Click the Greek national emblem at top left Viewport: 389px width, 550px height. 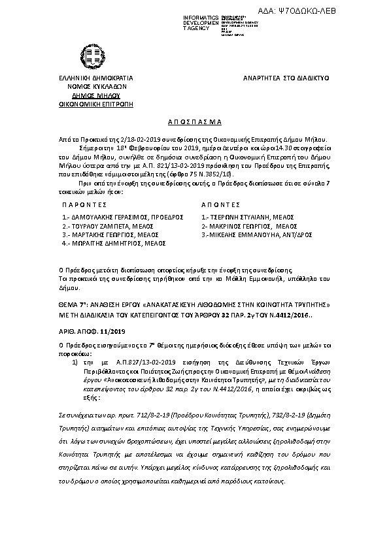point(88,52)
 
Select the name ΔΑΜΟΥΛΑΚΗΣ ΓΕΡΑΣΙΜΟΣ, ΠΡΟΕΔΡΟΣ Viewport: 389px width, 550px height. point(123,216)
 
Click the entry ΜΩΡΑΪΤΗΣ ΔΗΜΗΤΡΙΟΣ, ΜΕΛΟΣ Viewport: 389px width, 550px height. point(114,242)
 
